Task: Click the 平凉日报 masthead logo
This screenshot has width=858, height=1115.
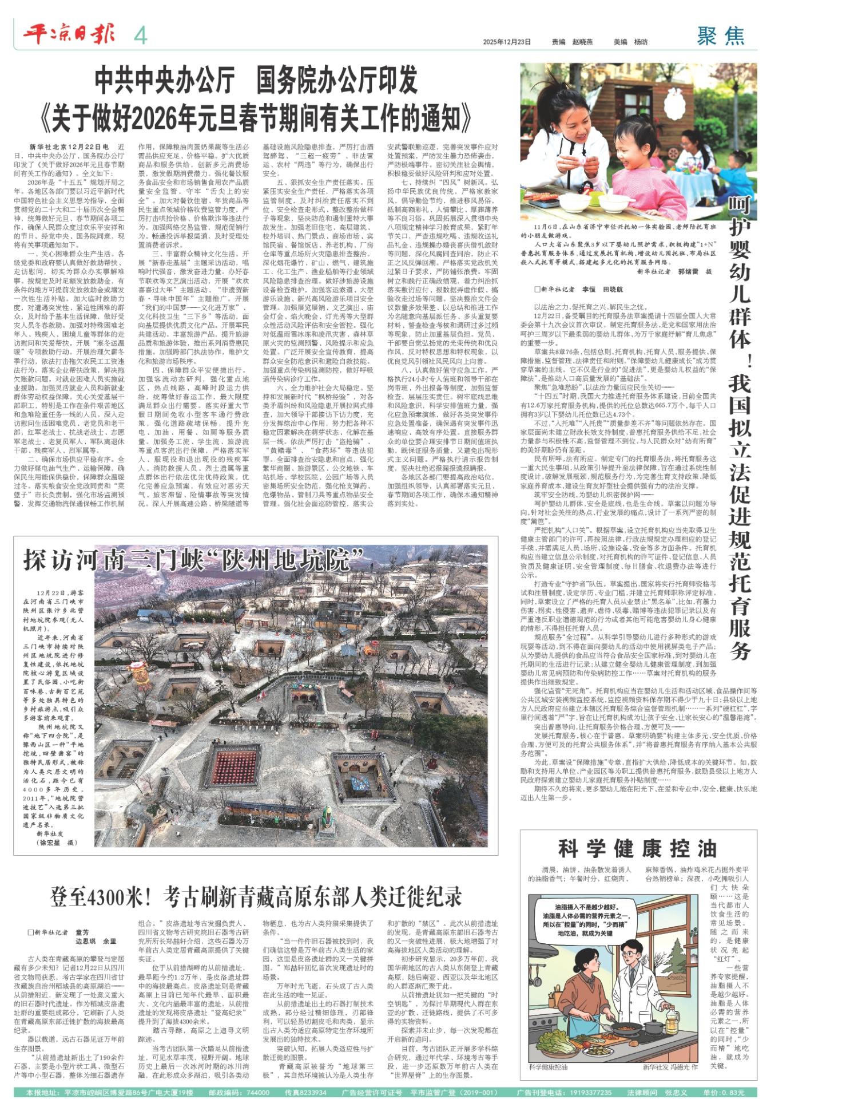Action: (69, 35)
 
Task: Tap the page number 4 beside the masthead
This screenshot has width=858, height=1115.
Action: (140, 36)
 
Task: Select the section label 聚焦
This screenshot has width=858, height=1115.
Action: (721, 37)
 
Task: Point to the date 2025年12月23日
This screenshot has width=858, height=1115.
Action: (507, 42)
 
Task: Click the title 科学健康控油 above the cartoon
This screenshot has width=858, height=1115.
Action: (637, 848)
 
